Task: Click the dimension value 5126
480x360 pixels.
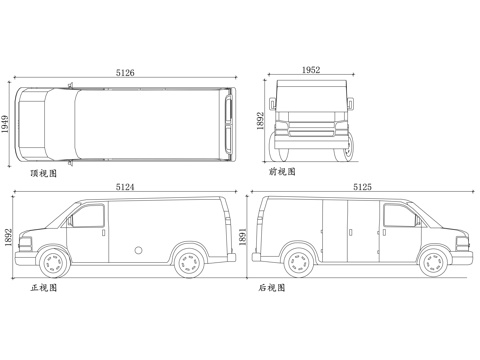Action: pos(125,72)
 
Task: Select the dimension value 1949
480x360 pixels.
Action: pos(8,126)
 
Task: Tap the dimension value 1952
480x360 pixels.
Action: pos(310,70)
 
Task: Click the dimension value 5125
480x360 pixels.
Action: pos(362,187)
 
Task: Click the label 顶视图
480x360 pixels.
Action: pos(44,173)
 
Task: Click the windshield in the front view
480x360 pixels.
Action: pos(311,105)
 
